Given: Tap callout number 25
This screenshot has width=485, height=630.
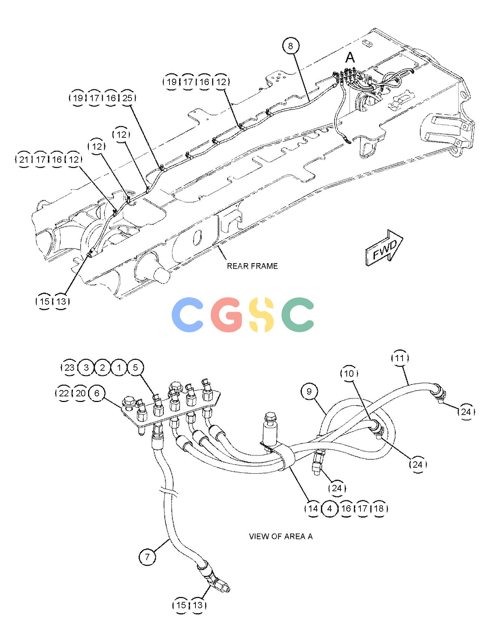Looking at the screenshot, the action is point(127,98).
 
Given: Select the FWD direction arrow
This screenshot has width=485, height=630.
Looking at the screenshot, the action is point(384,248).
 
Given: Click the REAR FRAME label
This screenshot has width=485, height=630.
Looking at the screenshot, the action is point(252,266).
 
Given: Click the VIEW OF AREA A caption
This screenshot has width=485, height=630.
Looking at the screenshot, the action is point(281,536).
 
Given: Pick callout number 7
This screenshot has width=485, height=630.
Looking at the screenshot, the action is point(147,557).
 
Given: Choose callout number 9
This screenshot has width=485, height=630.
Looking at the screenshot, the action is point(309,391).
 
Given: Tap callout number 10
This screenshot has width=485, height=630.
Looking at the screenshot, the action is point(349,373).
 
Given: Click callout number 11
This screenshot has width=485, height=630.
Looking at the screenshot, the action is point(400,358).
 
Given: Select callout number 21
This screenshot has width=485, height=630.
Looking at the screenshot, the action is point(24,160).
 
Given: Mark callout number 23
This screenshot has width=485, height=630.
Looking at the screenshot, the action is point(69,368).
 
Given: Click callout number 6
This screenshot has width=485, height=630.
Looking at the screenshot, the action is point(97,393).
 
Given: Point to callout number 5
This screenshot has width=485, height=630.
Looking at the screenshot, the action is point(135,368).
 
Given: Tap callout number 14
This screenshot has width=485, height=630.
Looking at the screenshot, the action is point(313,508).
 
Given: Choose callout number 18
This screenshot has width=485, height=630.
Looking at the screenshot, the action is point(379,508).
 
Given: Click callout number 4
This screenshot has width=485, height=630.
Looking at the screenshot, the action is point(330,508).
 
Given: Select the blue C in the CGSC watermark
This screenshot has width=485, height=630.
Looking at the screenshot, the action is point(188,314).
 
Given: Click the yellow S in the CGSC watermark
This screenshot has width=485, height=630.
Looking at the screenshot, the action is point(261,314).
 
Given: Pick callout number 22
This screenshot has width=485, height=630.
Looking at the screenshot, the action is point(64,393).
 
